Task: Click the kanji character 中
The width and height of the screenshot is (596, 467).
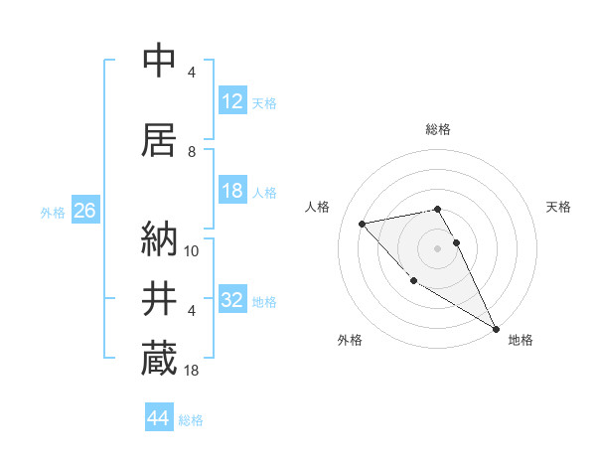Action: point(159,61)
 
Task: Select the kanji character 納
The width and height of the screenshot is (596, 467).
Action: point(159,238)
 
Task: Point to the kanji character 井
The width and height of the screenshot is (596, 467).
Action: point(159,299)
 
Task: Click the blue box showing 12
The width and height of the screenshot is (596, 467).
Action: point(232,101)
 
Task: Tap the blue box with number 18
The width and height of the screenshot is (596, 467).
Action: point(232,192)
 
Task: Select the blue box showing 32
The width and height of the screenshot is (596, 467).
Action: point(232,301)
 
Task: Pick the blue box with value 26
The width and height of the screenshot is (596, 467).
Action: point(84,212)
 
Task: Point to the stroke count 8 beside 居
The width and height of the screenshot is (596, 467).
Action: point(193,152)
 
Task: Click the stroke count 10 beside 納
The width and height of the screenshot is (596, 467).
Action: point(193,250)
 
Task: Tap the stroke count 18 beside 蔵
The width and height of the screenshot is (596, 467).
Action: point(193,371)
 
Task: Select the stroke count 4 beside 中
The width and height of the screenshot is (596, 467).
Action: point(193,73)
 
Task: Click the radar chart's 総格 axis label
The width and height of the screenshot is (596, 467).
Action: point(438,129)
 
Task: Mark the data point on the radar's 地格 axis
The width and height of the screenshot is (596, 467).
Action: point(497,329)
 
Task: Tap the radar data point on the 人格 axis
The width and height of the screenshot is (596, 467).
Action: point(363,224)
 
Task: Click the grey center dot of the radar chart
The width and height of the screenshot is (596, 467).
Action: point(438,247)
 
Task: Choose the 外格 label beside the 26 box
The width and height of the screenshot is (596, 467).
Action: point(52,213)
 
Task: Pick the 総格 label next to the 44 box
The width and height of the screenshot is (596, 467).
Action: point(191,420)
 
